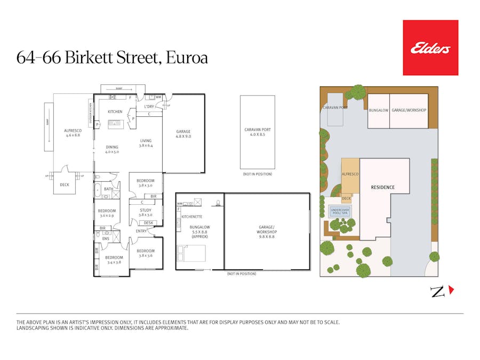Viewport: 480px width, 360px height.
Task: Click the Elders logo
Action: (430, 47)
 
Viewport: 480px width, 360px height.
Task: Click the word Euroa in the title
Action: (186, 57)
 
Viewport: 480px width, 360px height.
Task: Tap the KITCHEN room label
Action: (115, 111)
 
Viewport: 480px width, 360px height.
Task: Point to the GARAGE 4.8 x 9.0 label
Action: (183, 134)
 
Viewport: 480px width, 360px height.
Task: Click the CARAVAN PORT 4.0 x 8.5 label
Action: (257, 132)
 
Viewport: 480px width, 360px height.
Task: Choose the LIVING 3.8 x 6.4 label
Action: (146, 143)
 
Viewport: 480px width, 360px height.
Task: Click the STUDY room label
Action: (146, 212)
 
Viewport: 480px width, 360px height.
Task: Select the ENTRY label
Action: (141, 231)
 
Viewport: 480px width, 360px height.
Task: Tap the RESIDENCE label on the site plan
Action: (383, 187)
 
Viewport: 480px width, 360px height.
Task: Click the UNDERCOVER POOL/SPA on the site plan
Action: (340, 211)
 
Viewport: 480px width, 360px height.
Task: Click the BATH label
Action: (108, 189)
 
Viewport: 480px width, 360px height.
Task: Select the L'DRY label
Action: (149, 107)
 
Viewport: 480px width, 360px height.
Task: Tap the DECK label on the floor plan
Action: (65, 185)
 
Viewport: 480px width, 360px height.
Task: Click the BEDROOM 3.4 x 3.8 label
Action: (115, 260)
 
